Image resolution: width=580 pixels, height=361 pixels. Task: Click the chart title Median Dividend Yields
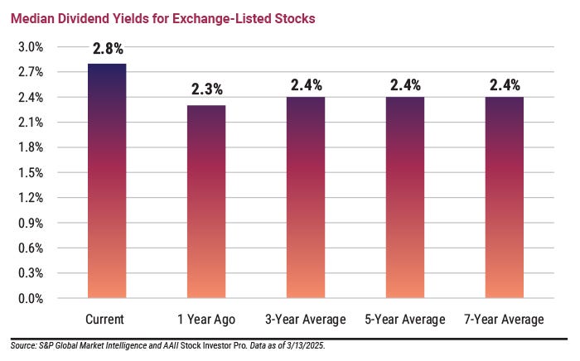163,18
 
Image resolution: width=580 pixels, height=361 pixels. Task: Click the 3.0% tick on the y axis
31,47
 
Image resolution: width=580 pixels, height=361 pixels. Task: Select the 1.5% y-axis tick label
31,173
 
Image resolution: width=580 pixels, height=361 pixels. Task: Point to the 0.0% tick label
31,298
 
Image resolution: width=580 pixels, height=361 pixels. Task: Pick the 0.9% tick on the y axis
31,223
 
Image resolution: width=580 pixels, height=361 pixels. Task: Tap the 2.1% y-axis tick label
31,123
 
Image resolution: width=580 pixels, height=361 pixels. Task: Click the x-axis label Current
106,320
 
